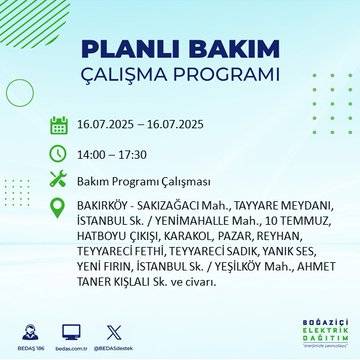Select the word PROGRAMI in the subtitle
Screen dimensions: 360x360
pyautogui.click(x=230, y=79)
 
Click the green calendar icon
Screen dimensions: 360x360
pyautogui.click(x=59, y=126)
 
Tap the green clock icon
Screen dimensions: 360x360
pyautogui.click(x=59, y=155)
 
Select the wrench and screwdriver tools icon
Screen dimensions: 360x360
pyautogui.click(x=59, y=182)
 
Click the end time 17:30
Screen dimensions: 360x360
pyautogui.click(x=146, y=155)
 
